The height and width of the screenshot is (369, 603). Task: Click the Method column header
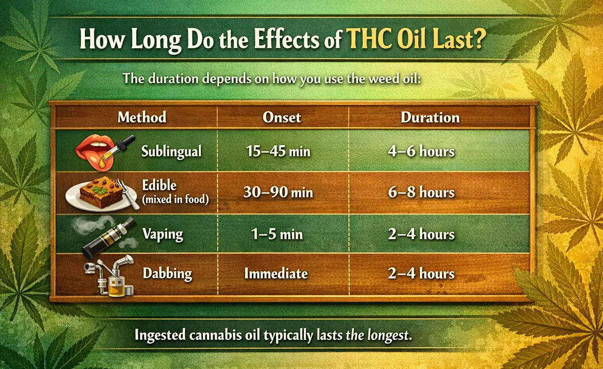pyautogui.click(x=142, y=117)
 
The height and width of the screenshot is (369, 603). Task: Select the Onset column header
pyautogui.click(x=282, y=117)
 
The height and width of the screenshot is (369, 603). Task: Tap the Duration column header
pyautogui.click(x=430, y=117)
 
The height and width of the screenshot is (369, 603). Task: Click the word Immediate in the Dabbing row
pyautogui.click(x=276, y=274)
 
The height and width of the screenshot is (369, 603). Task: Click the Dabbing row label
pyautogui.click(x=167, y=274)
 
